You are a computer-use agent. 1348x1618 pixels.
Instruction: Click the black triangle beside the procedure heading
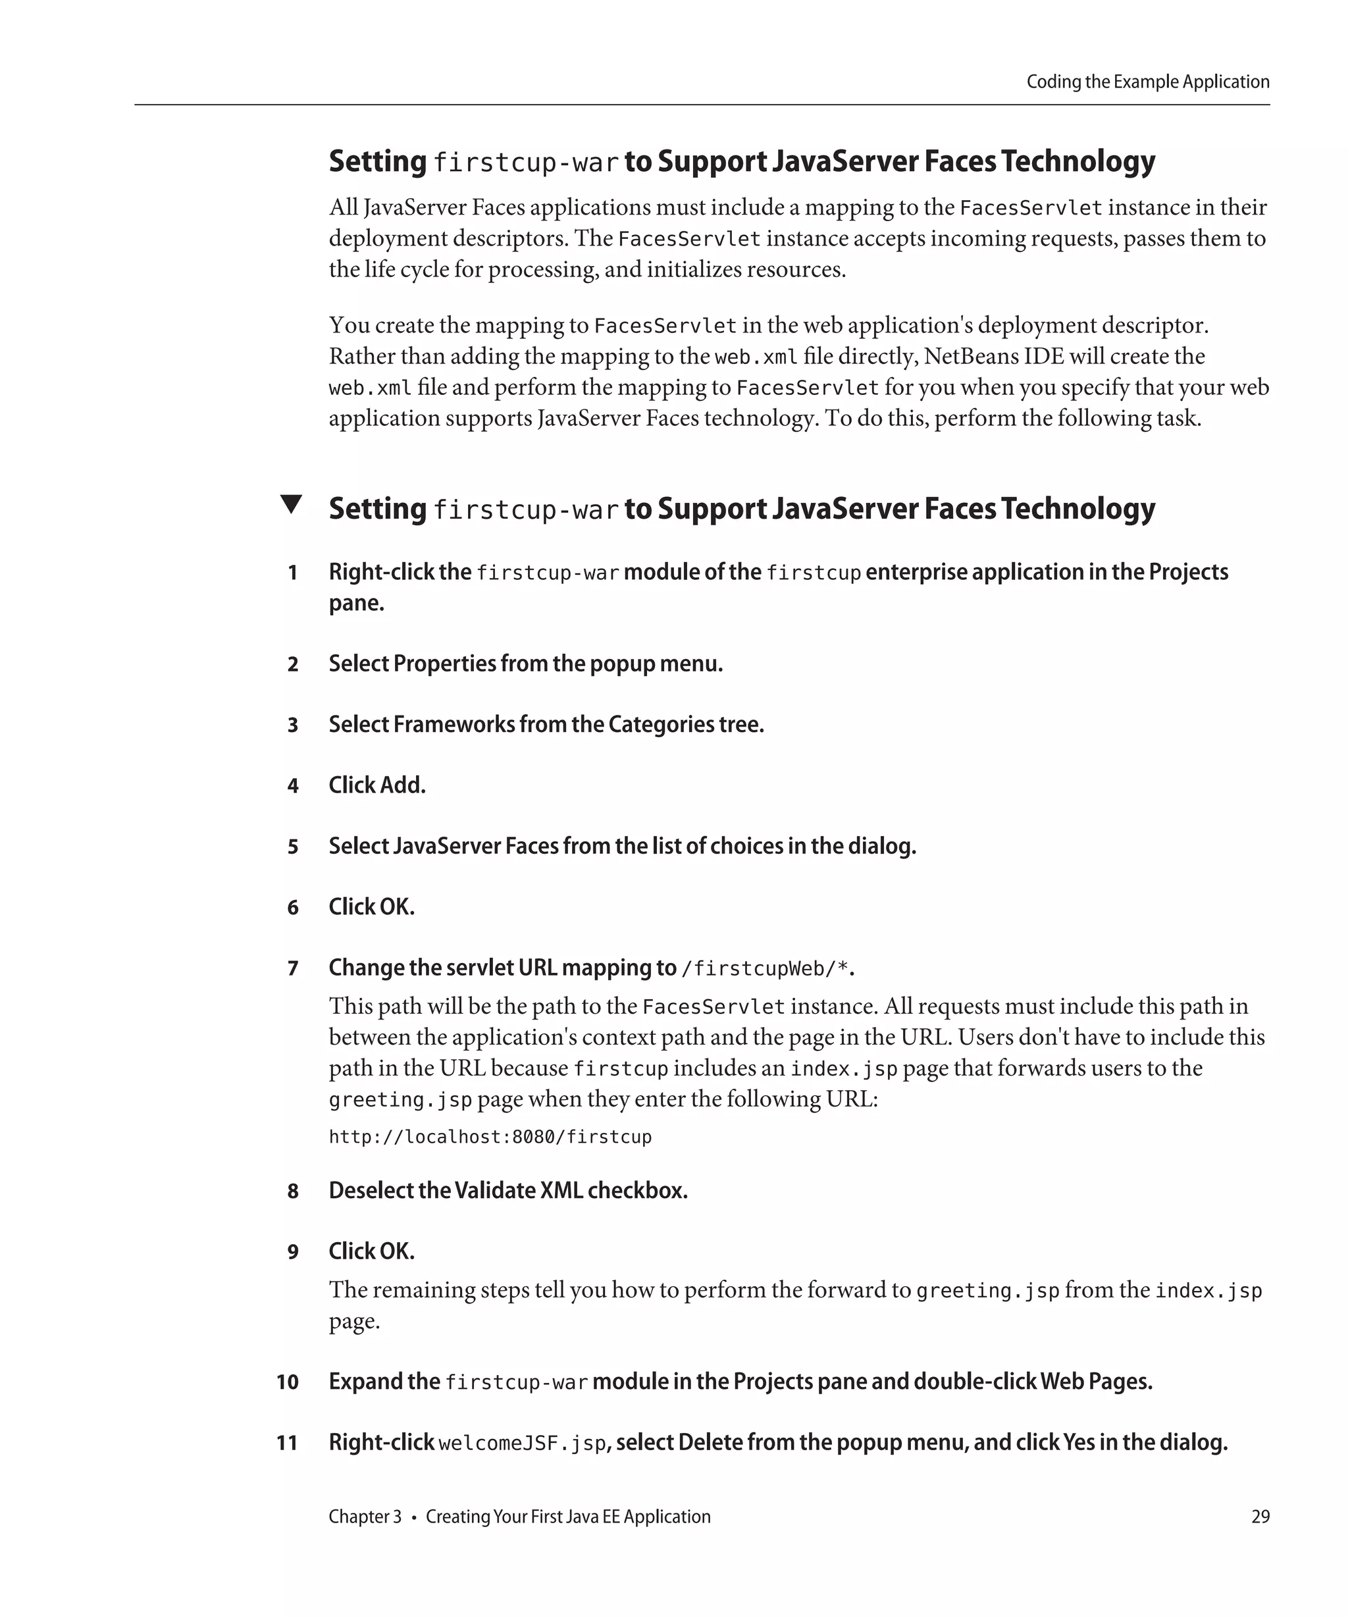click(x=291, y=505)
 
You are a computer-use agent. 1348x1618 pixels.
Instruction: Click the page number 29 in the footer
click(x=1260, y=1516)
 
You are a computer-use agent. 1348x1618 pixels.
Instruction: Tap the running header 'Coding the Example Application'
click(x=1148, y=82)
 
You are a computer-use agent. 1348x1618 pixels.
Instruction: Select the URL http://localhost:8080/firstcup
click(x=490, y=1137)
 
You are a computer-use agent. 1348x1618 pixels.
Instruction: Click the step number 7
click(x=293, y=968)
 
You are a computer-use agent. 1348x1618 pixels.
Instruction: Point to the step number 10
click(x=288, y=1382)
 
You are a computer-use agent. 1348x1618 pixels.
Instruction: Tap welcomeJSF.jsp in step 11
click(x=522, y=1443)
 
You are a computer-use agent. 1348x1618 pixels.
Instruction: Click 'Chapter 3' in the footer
click(x=365, y=1516)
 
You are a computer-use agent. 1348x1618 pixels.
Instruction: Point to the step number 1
click(x=293, y=573)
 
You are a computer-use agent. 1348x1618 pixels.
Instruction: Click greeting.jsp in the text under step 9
click(x=987, y=1291)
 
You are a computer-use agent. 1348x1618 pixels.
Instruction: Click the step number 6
click(x=293, y=908)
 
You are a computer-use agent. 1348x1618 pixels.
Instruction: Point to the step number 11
click(x=288, y=1443)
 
